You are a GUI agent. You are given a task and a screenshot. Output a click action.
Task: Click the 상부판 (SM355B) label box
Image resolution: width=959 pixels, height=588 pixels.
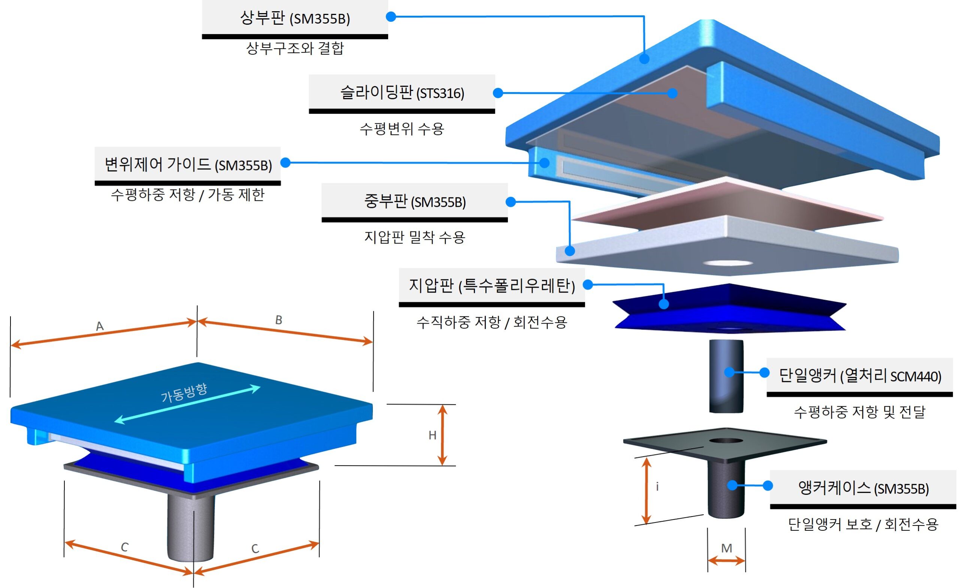pos(294,18)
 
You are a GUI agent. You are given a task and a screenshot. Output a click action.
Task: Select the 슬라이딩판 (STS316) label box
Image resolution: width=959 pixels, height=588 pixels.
pos(402,93)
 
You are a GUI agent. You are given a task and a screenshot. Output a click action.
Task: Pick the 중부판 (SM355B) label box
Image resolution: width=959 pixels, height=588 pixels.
pos(414,201)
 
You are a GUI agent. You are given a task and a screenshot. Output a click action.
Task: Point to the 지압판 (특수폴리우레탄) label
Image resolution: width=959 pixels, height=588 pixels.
pos(491,286)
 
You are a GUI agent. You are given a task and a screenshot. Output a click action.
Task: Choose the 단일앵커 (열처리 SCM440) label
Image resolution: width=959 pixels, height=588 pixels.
pos(860,376)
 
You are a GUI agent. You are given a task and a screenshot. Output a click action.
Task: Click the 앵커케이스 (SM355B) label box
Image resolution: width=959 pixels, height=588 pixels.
pos(863,488)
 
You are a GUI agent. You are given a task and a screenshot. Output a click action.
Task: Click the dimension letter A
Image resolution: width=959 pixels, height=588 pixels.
pos(100,326)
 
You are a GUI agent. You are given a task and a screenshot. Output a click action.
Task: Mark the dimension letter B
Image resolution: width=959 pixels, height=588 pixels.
pos(279,320)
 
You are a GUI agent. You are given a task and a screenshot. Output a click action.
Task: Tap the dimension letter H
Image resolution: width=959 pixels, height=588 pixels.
pos(432,435)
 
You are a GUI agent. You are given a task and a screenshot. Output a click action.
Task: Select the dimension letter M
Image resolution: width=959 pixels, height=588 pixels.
pos(726,548)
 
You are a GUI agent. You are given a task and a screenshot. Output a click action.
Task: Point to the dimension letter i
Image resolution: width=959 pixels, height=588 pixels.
pos(657,487)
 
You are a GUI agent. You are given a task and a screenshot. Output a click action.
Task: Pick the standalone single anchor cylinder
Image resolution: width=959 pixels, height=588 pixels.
pos(726,376)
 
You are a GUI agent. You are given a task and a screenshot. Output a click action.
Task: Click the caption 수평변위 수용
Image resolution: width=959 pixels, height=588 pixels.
pos(402,128)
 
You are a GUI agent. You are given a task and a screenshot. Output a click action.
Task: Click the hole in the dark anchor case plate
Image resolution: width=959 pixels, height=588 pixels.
pos(726,441)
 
